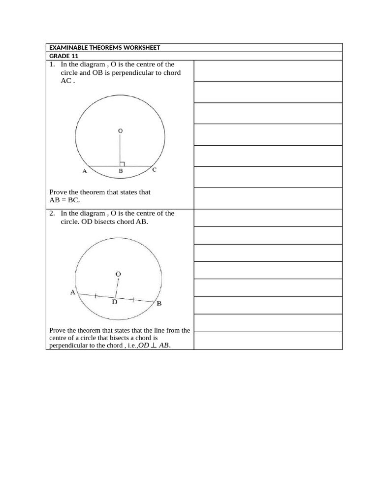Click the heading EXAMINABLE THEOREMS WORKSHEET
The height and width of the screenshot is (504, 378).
pos(104,47)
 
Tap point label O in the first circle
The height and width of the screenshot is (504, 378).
pos(120,130)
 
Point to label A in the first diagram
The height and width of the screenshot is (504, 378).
pos(84,171)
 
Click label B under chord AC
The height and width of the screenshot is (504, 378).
pos(120,172)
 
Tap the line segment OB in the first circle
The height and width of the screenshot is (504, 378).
pos(120,150)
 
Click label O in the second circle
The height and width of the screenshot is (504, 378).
pos(118,274)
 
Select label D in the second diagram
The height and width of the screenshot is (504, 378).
pos(114,302)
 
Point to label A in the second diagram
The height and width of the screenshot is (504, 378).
pos(73,292)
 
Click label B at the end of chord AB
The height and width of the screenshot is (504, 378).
pos(159,304)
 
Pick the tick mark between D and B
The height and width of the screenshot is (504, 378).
pos(133,300)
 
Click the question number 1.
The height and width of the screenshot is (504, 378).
pos(52,64)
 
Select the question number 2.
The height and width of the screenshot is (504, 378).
pos(52,214)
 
